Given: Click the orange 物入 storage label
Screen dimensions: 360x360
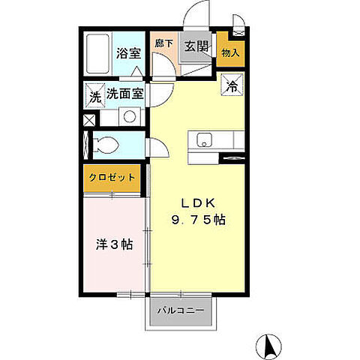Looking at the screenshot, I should coord(231,52).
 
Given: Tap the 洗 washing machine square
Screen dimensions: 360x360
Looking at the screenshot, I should coord(94,95).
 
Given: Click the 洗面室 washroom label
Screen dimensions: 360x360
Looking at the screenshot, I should coord(125,95).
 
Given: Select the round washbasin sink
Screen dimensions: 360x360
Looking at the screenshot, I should coord(128,117).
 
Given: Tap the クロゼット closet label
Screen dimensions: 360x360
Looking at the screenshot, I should coord(112,177).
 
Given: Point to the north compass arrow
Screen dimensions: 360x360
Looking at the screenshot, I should coord(267,346).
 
